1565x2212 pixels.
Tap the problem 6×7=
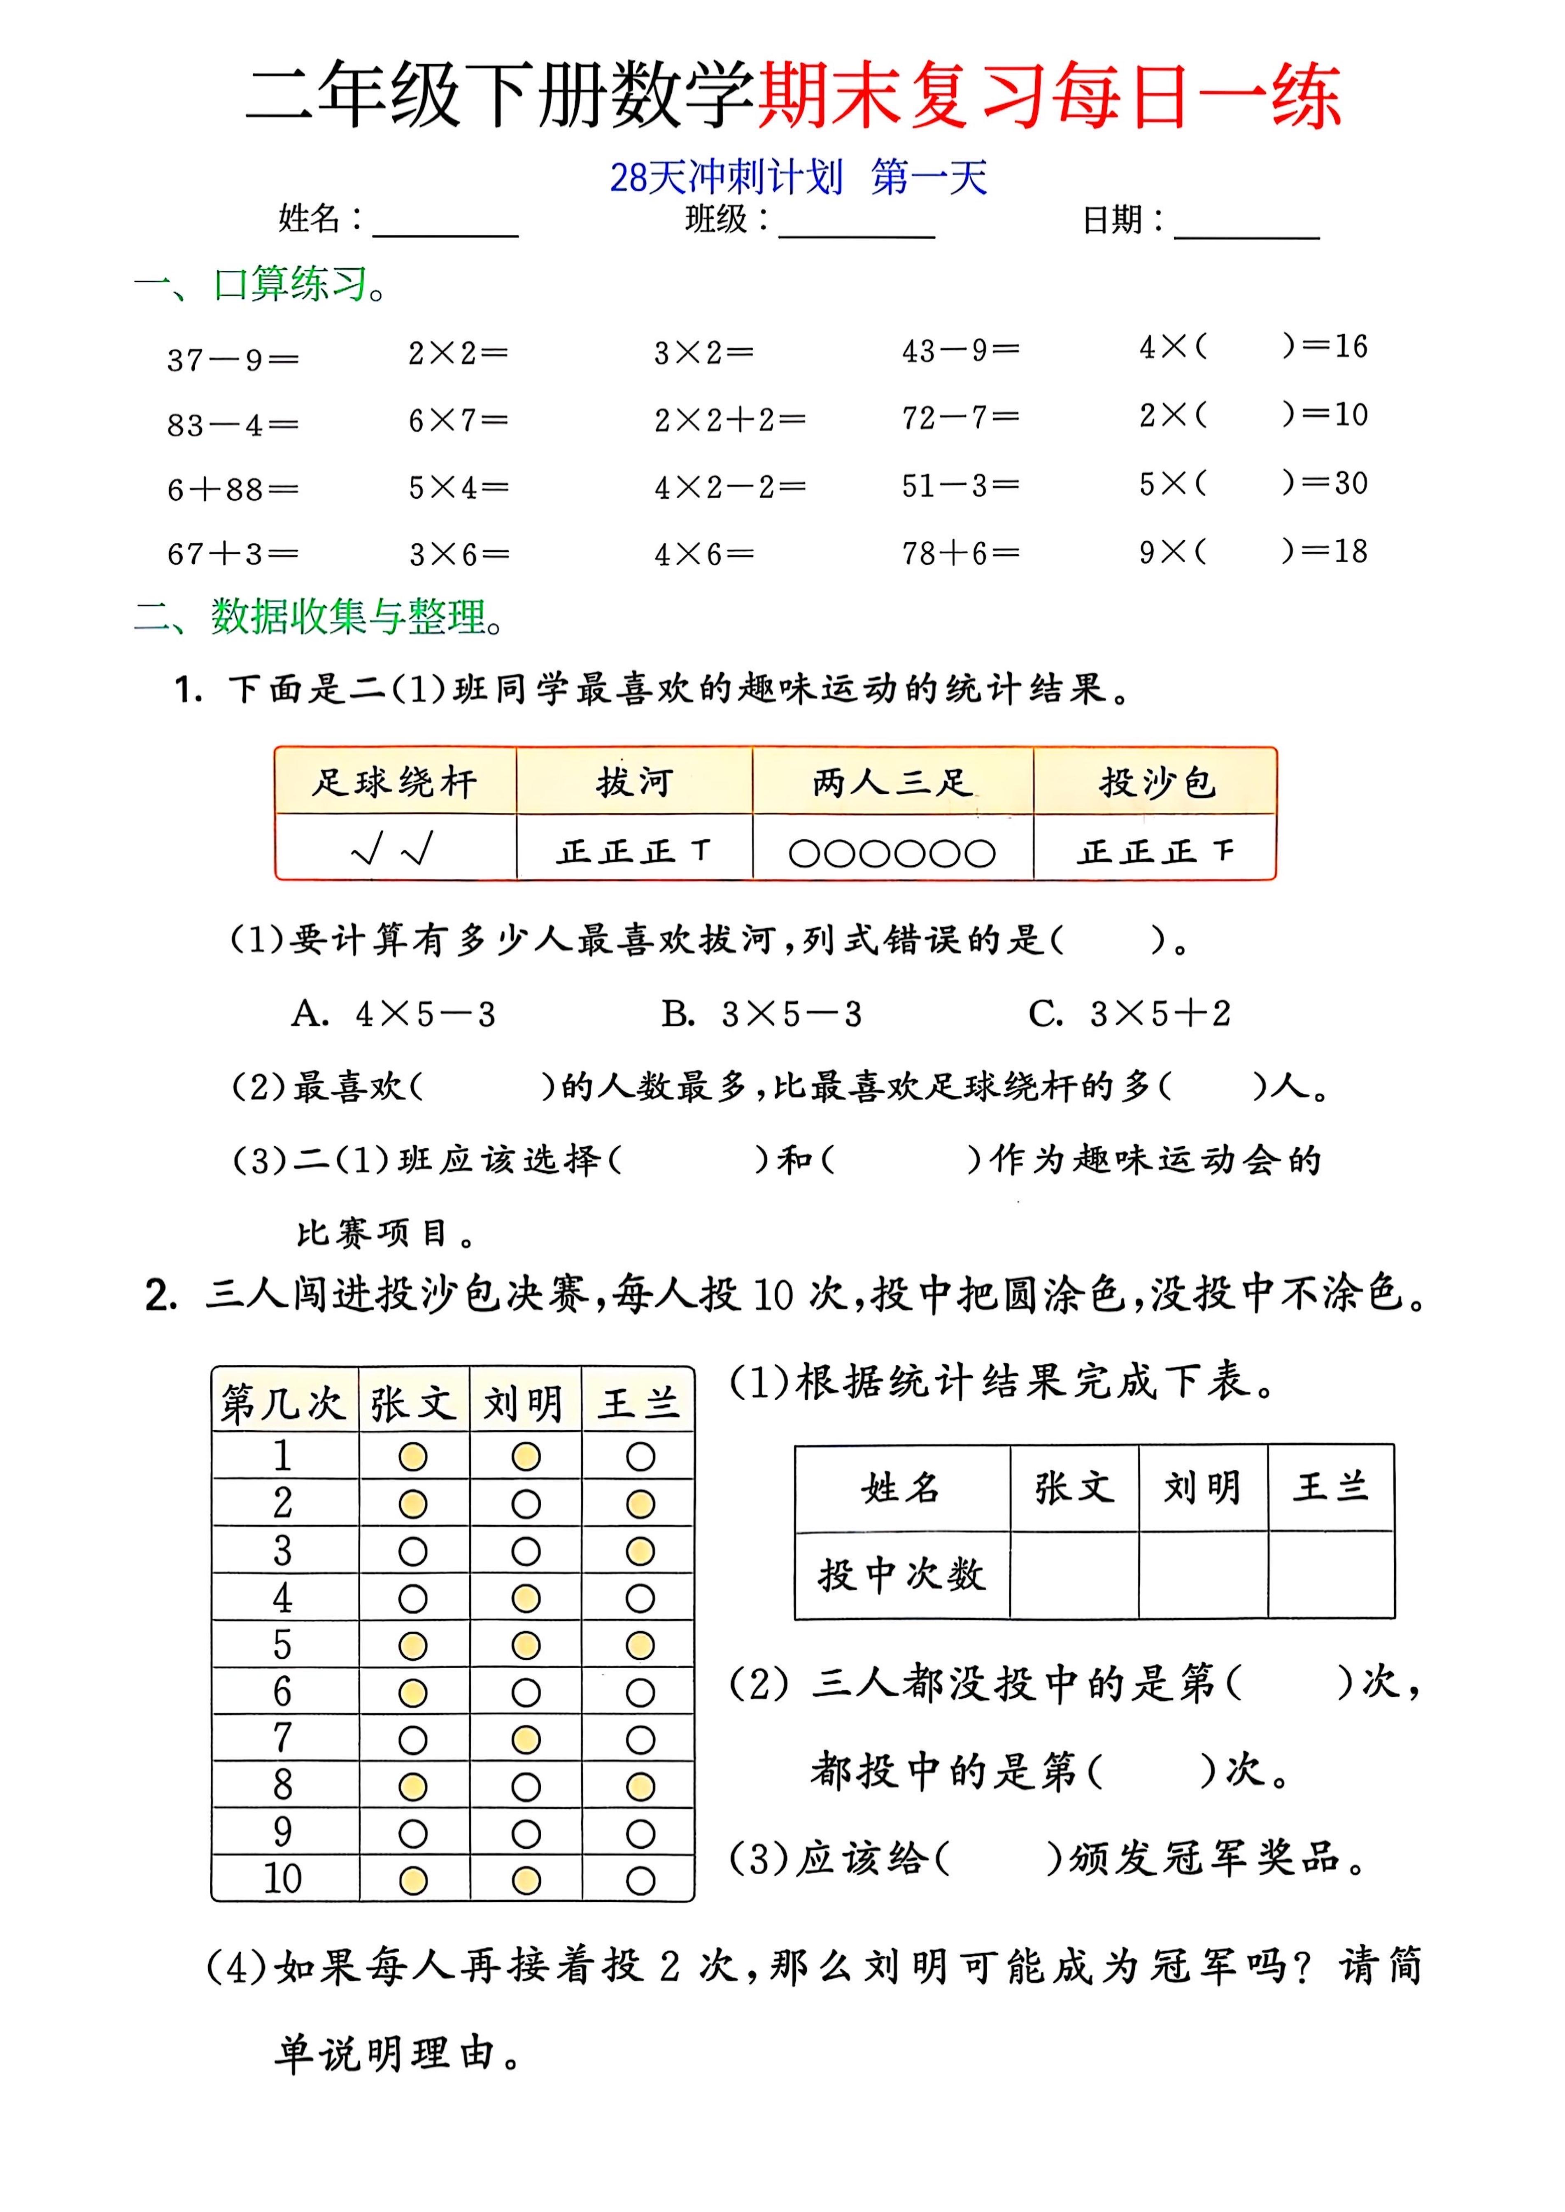tap(458, 420)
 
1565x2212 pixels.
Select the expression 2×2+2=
tap(729, 420)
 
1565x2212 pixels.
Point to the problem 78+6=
tap(960, 553)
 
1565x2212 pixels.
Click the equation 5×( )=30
tap(1253, 483)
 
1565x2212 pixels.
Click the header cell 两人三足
tap(892, 781)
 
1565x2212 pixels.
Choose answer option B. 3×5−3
tap(761, 1013)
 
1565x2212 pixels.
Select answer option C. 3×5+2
tap(1130, 1013)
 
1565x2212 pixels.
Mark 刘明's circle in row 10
tap(526, 1880)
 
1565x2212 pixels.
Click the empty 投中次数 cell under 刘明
tap(1203, 1574)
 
